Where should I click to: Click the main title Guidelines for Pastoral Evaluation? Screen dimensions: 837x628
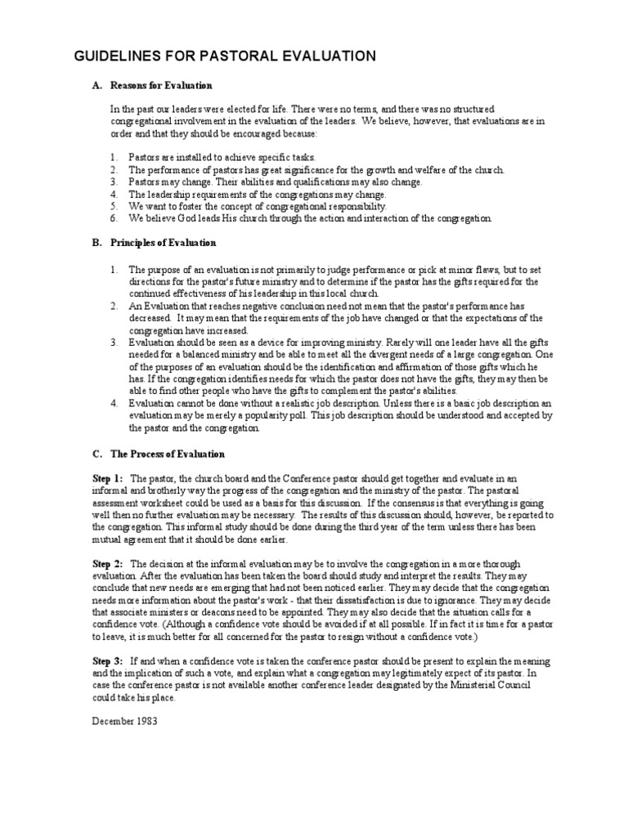point(226,56)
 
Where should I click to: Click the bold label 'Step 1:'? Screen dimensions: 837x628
point(109,477)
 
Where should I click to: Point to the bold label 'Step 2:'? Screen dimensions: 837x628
point(109,564)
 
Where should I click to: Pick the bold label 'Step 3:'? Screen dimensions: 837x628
point(109,660)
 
